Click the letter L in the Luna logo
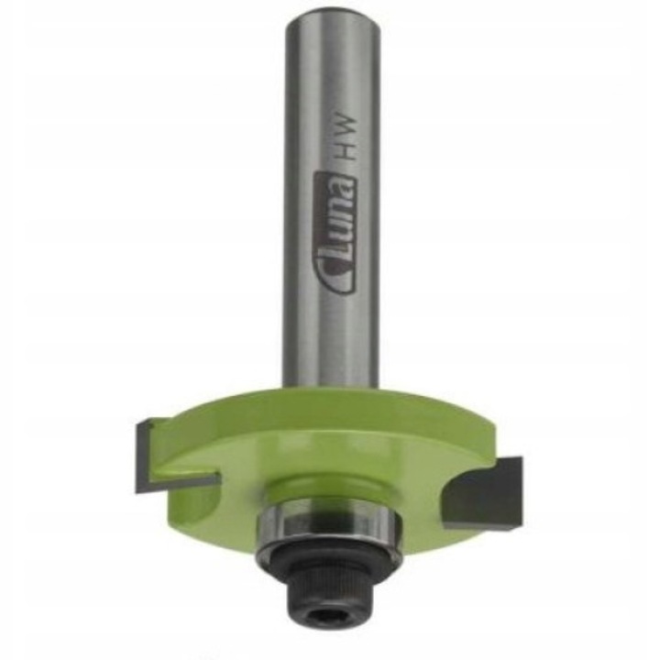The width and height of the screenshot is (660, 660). tap(335, 274)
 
